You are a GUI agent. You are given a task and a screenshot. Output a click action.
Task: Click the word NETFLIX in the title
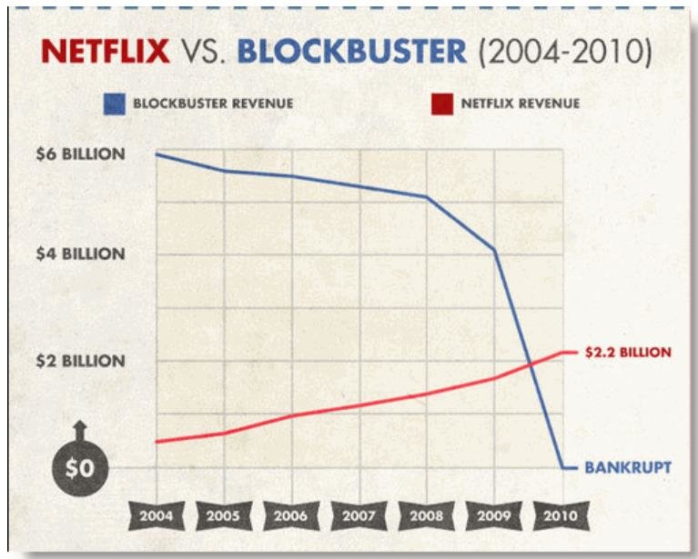point(106,51)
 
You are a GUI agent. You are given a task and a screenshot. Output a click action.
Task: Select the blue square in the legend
point(113,104)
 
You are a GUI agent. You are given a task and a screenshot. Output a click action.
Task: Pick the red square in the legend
point(441,104)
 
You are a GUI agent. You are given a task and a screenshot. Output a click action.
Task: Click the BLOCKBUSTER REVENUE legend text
point(213,104)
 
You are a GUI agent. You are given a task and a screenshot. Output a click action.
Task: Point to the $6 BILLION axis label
point(80,154)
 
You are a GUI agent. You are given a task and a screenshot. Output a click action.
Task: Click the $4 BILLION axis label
point(80,254)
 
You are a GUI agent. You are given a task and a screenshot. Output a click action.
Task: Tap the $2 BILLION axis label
point(80,361)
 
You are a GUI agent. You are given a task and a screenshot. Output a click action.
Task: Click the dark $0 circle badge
point(80,468)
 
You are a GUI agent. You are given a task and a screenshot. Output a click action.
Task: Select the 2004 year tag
point(156,516)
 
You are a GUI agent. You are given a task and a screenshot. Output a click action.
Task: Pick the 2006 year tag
point(291,516)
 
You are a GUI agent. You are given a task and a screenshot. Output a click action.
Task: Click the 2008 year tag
point(426,516)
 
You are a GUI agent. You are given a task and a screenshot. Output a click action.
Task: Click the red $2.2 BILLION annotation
point(628,352)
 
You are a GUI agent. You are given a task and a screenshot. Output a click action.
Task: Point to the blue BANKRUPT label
point(628,468)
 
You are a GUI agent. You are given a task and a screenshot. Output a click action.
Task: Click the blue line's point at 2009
point(494,249)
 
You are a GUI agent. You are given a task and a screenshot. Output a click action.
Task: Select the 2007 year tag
point(359,516)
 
